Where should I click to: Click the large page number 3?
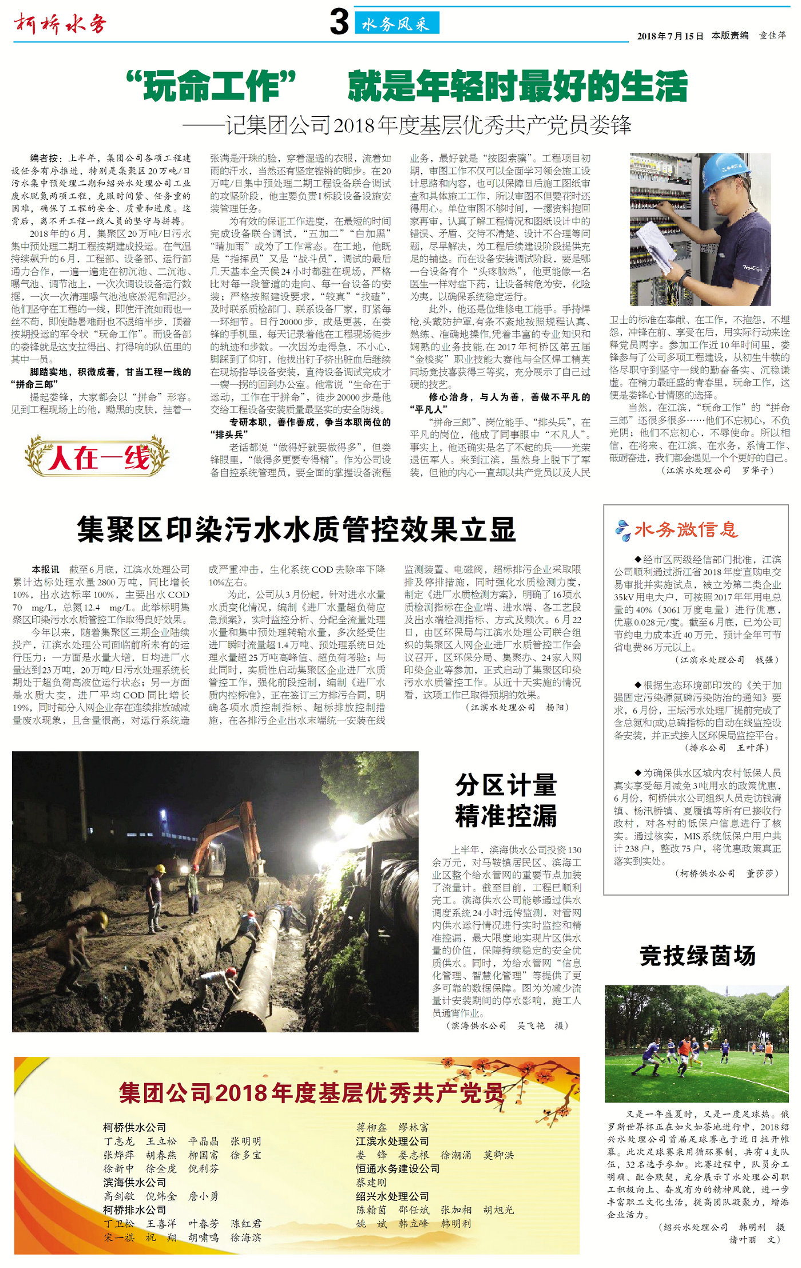pos(339,22)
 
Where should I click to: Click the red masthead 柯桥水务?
pos(61,24)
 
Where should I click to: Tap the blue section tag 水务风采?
pos(396,23)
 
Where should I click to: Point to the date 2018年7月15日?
pos(670,36)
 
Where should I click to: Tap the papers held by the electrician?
pos(656,245)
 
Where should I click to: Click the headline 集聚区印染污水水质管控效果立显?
pos(297,529)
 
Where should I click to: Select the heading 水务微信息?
pos(685,529)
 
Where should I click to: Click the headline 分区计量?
pos(506,785)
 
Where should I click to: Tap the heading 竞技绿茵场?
pos(697,956)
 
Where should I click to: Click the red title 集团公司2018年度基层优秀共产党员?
pos(311,1092)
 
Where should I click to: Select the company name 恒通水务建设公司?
pos(398,1168)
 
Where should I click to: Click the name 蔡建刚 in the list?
pos(371,1182)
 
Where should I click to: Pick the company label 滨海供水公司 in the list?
pos(134,1182)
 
